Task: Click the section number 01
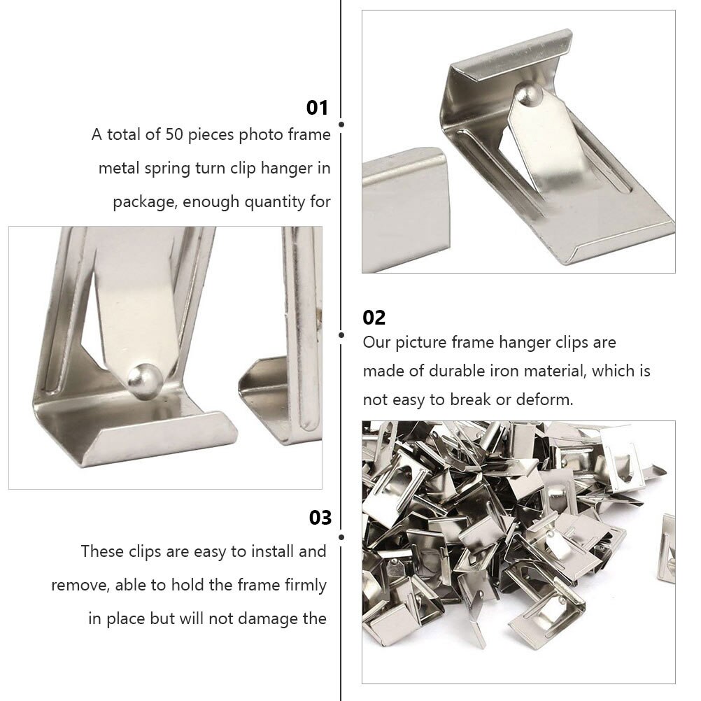pyautogui.click(x=317, y=108)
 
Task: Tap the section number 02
pyautogui.click(x=374, y=318)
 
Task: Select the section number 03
pyautogui.click(x=320, y=518)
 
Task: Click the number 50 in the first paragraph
pyautogui.click(x=174, y=134)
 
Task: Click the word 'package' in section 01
pyautogui.click(x=138, y=202)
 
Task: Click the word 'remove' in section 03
pyautogui.click(x=76, y=585)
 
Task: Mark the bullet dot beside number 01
pyautogui.click(x=341, y=125)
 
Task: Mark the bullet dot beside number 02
pyautogui.click(x=341, y=335)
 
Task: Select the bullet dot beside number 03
pyautogui.click(x=341, y=537)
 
